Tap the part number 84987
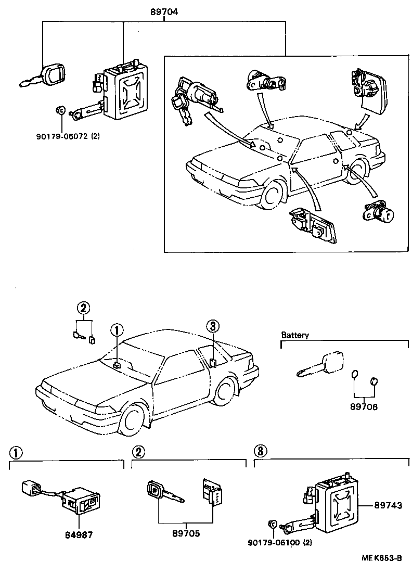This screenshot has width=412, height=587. coord(78,533)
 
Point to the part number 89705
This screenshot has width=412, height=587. coord(186,533)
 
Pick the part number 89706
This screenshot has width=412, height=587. coord(364,407)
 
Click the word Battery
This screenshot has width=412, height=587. coord(295,335)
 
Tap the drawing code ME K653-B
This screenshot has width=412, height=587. coord(382,558)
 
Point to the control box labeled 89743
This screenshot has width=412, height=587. coord(336,502)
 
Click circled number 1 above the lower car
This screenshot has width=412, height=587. coord(118,329)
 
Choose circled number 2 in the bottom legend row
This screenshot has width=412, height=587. coord(138,452)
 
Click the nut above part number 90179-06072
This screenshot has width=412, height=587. coord(60,110)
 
